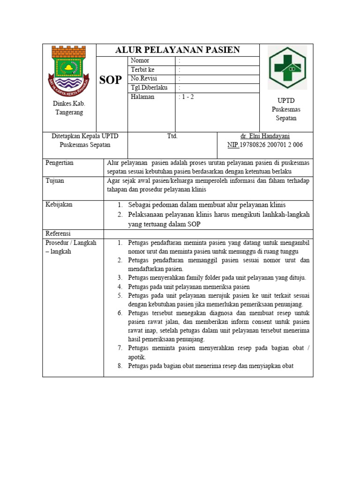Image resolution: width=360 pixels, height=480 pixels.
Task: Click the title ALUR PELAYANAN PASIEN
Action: (178, 50)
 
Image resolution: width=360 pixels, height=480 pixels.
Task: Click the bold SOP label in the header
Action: (111, 80)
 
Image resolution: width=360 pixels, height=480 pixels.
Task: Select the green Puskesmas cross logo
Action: (286, 67)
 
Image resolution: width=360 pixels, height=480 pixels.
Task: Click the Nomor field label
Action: (140, 61)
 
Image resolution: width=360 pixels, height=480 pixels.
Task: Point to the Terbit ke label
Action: (142, 70)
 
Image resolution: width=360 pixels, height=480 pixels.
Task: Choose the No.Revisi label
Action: (144, 79)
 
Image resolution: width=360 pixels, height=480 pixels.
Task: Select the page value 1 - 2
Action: (188, 97)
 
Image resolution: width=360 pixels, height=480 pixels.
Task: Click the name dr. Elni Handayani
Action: (265, 136)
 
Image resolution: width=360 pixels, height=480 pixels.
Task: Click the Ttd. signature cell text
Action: (172, 136)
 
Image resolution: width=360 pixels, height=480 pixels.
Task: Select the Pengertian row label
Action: (60, 163)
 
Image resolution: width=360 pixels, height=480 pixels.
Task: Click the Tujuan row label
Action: (54, 181)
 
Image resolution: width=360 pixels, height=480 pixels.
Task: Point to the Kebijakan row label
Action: (59, 205)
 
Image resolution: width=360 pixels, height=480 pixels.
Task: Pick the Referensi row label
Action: (58, 233)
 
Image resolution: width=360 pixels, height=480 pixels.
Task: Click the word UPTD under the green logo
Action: (286, 100)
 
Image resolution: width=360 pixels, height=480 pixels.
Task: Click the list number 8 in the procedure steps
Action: (120, 366)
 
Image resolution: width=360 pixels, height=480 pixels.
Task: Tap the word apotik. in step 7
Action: (137, 357)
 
